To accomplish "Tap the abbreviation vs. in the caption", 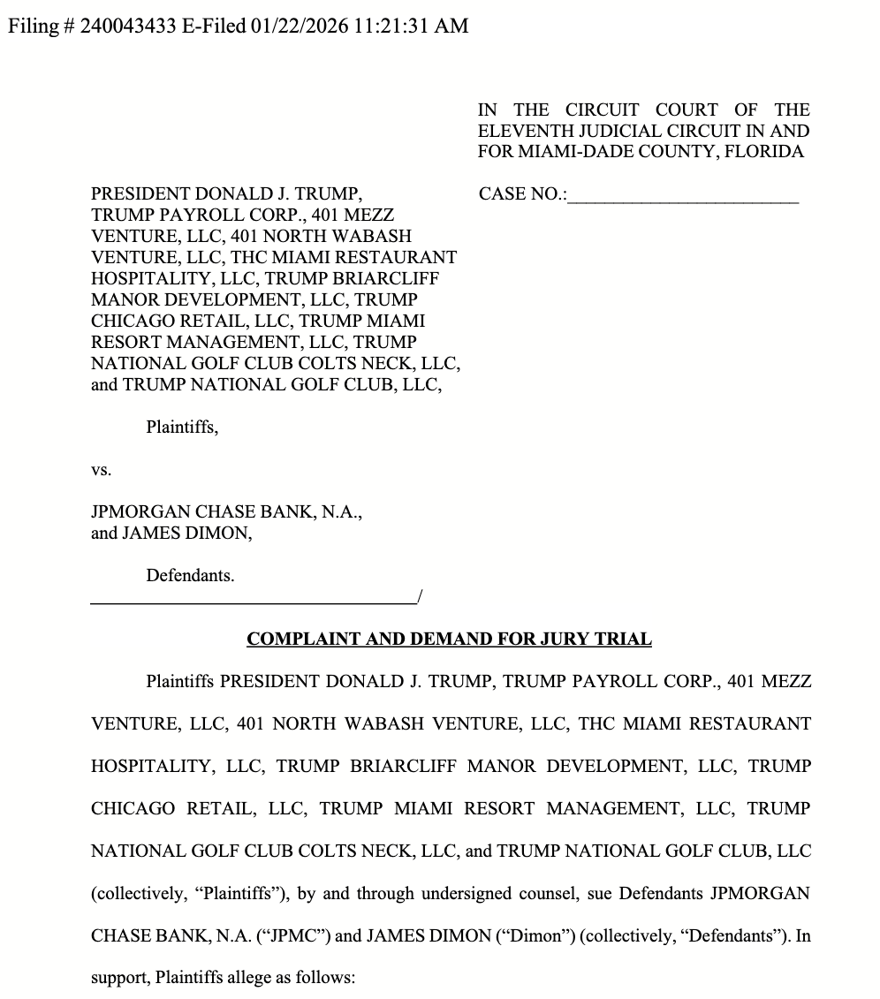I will click(x=102, y=470).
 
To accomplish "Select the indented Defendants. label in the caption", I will click(x=190, y=575).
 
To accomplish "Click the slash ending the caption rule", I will click(x=419, y=598).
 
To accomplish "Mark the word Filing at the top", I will click(x=33, y=26).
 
